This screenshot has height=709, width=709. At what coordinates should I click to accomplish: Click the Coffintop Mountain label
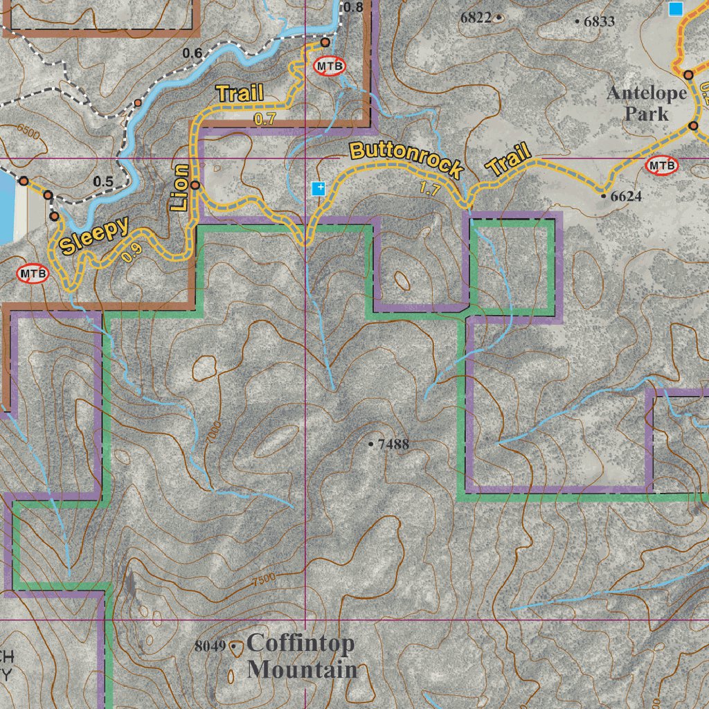[x=301, y=656]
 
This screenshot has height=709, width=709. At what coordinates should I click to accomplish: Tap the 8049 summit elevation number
[x=210, y=646]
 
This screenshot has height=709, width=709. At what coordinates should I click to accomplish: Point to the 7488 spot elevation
[x=393, y=444]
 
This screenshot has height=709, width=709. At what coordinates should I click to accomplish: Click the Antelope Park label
[x=647, y=103]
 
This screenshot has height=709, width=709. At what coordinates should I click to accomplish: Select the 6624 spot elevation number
[x=625, y=196]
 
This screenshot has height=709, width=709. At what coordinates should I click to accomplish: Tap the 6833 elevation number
[x=599, y=21]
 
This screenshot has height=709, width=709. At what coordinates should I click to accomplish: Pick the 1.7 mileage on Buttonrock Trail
[x=429, y=189]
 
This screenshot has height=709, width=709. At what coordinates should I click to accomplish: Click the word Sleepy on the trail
[x=93, y=236]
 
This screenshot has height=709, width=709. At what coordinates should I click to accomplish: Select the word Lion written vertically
[x=179, y=188]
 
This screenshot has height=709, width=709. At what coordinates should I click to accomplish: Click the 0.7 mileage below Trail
[x=265, y=119]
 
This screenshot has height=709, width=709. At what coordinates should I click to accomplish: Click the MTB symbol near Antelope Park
[x=662, y=165]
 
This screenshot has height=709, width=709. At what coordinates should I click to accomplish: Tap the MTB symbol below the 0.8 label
[x=330, y=66]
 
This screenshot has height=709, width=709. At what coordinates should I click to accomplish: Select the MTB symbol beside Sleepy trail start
[x=33, y=273]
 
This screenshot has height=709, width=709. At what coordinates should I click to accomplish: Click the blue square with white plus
[x=318, y=188]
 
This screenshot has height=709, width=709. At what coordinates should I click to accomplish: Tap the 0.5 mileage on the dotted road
[x=103, y=181]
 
